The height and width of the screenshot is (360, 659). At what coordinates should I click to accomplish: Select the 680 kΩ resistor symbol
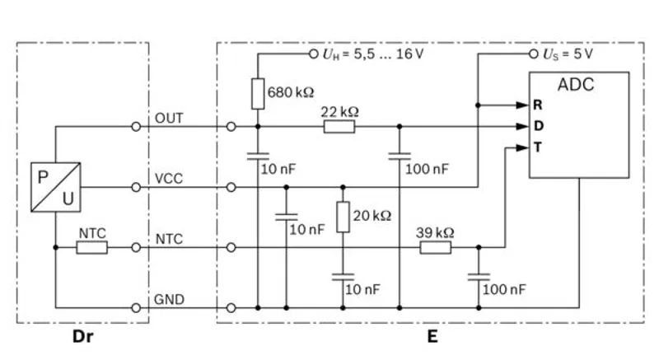pyautogui.click(x=258, y=92)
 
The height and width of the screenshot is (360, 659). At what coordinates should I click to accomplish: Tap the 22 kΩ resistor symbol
pyautogui.click(x=339, y=126)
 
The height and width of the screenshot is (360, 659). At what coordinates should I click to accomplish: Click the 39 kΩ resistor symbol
pyautogui.click(x=435, y=246)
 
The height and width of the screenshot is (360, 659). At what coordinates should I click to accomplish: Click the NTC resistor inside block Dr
pyautogui.click(x=91, y=246)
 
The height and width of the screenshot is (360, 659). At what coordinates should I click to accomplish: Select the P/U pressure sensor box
pyautogui.click(x=55, y=186)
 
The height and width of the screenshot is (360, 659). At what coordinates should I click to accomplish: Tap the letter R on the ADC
pyautogui.click(x=537, y=105)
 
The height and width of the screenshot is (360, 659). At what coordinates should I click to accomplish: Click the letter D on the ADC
pyautogui.click(x=537, y=126)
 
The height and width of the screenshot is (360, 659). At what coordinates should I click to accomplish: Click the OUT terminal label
pyautogui.click(x=169, y=119)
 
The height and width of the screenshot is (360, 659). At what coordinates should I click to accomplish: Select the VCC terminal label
pyautogui.click(x=169, y=178)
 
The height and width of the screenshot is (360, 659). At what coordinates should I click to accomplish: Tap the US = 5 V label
pyautogui.click(x=568, y=54)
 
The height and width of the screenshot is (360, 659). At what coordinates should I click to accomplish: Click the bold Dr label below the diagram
pyautogui.click(x=82, y=336)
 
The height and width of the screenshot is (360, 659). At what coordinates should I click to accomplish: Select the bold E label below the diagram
pyautogui.click(x=432, y=336)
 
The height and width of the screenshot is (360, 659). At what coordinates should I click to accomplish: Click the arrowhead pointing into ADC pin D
pyautogui.click(x=522, y=126)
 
